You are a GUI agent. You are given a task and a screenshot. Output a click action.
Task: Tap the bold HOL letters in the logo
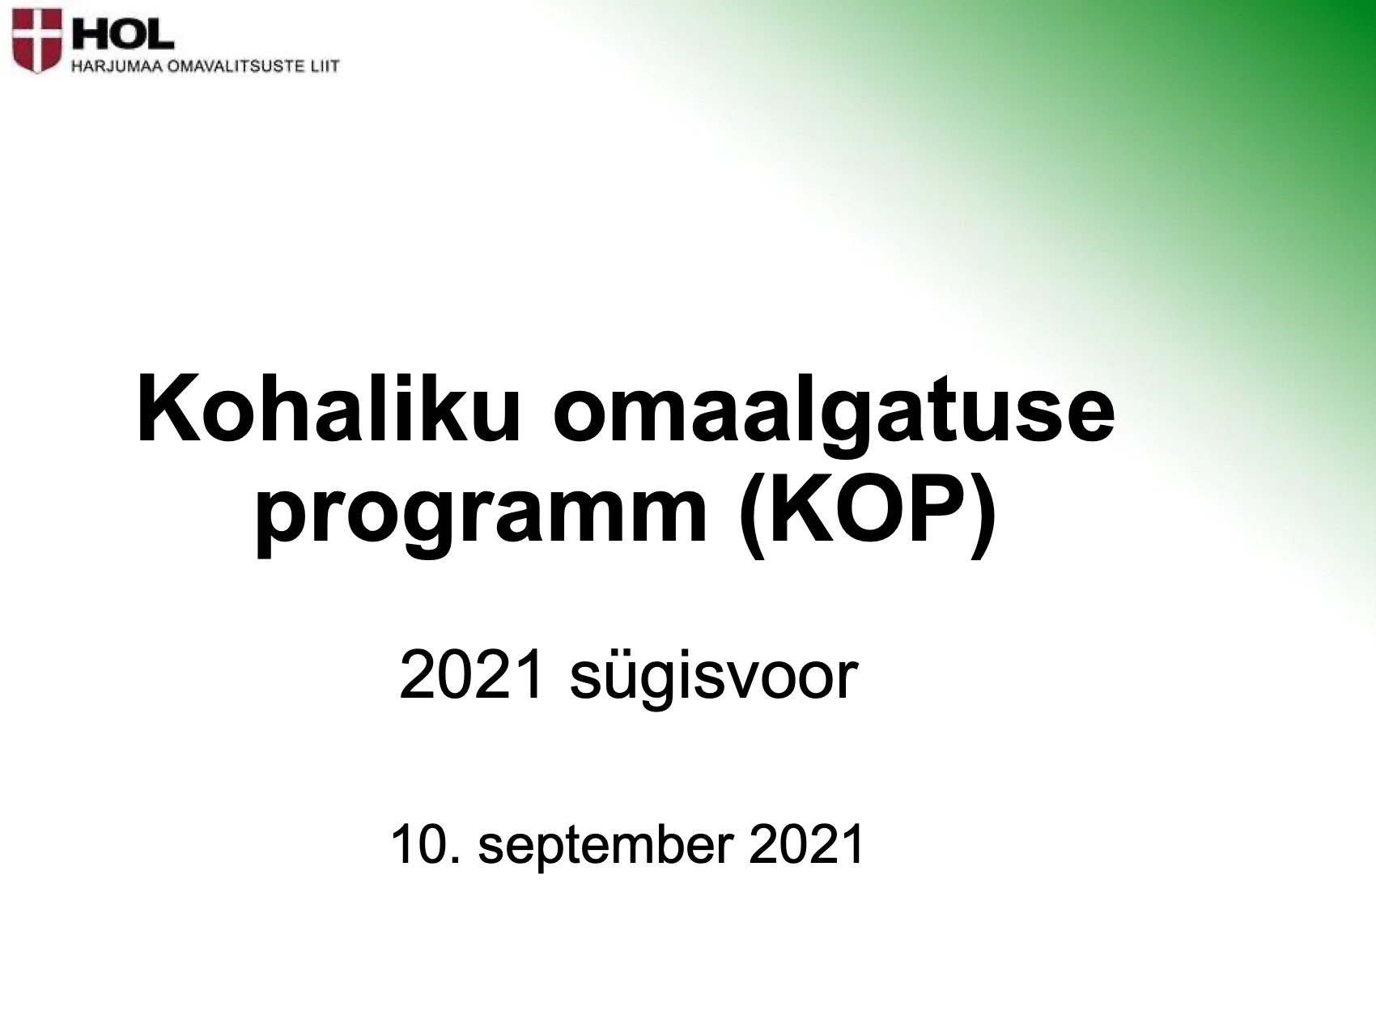click(x=121, y=32)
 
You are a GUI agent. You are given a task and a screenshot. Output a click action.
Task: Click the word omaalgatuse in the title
click(x=835, y=418)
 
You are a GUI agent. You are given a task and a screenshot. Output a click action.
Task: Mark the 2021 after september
click(x=807, y=845)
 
